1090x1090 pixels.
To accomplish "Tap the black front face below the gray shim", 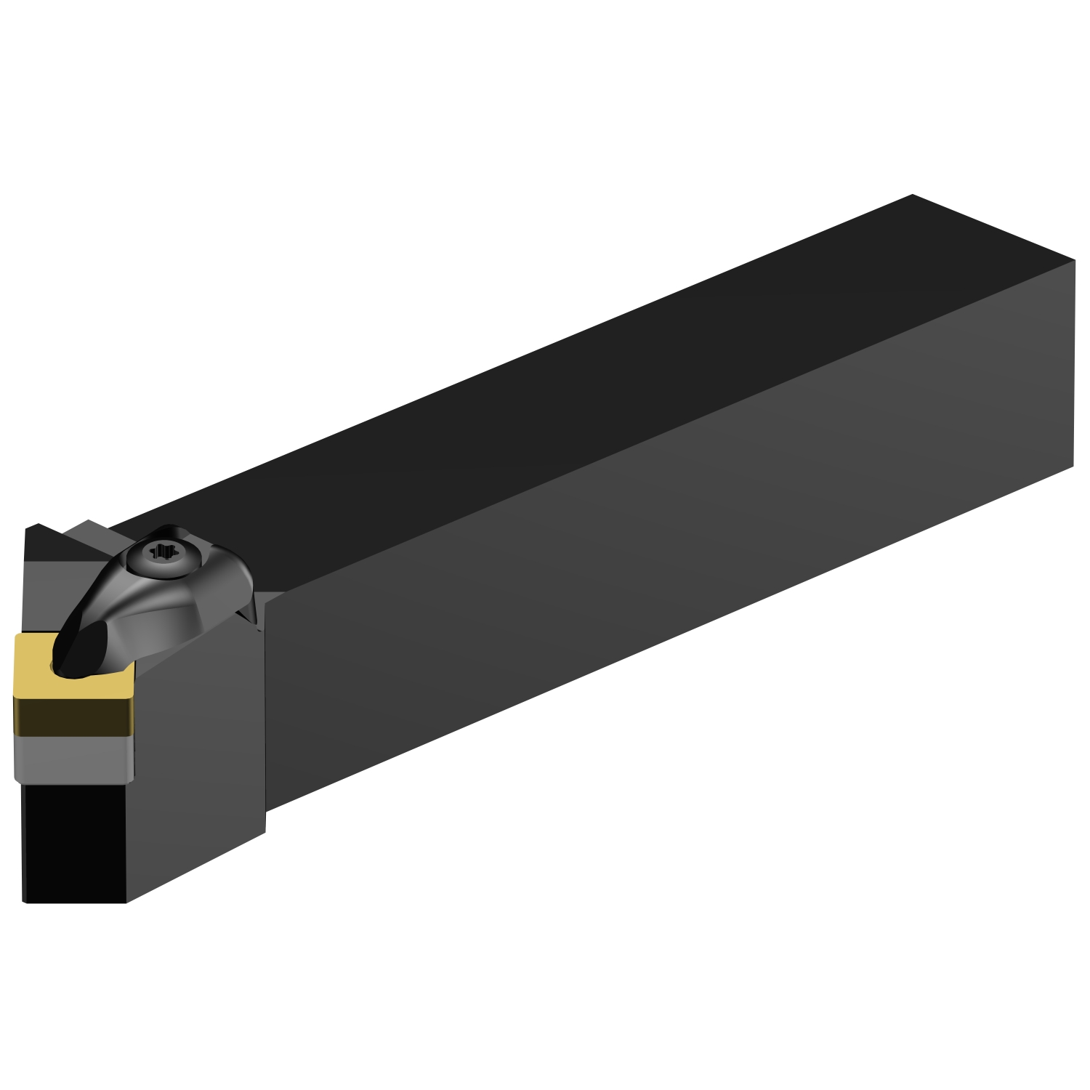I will [73, 836].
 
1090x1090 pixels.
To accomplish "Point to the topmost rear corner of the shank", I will [911, 195].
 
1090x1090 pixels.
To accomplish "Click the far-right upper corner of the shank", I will [1074, 259].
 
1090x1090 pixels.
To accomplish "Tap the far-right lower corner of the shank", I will [1073, 465].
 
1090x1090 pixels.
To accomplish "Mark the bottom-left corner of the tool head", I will [26, 901].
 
